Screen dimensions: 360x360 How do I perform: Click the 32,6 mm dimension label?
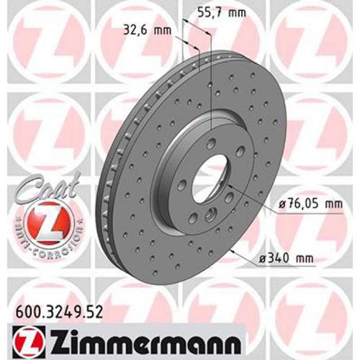[x=144, y=30]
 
